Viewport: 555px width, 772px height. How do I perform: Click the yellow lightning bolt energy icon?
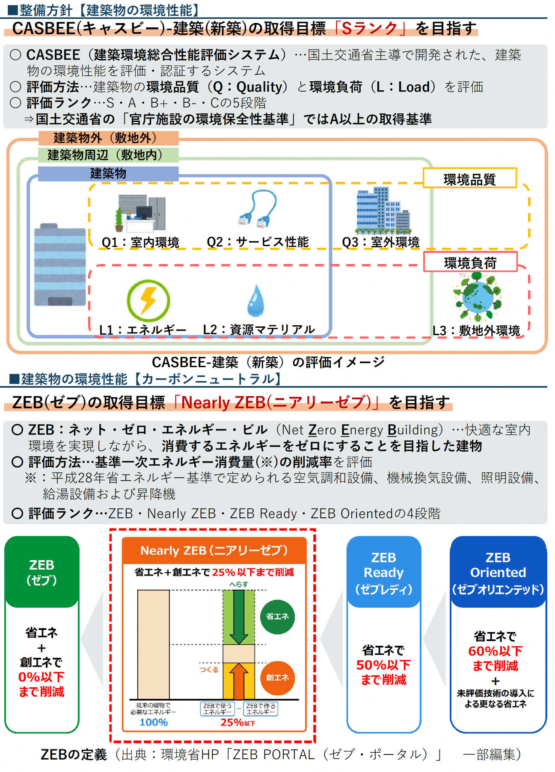148,300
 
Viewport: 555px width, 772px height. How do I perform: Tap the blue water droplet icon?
256,300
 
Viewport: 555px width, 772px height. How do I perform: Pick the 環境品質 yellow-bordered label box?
469,178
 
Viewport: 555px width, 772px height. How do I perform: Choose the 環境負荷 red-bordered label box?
470,262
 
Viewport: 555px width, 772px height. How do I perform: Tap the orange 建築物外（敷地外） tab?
108,138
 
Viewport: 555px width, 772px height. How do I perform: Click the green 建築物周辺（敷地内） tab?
108,155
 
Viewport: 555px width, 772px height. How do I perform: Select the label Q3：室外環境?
380,242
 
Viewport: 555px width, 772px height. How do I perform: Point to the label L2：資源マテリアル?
259,330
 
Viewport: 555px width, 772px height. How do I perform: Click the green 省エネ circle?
277,617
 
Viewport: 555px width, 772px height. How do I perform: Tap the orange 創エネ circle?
277,677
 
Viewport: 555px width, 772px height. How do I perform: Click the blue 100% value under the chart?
154,722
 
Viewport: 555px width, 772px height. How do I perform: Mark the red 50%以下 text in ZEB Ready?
383,665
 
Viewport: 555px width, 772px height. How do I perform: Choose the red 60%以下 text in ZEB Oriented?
496,651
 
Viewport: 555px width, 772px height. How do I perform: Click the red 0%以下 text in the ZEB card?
42,677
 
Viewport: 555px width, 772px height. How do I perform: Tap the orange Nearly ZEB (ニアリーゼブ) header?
214,550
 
